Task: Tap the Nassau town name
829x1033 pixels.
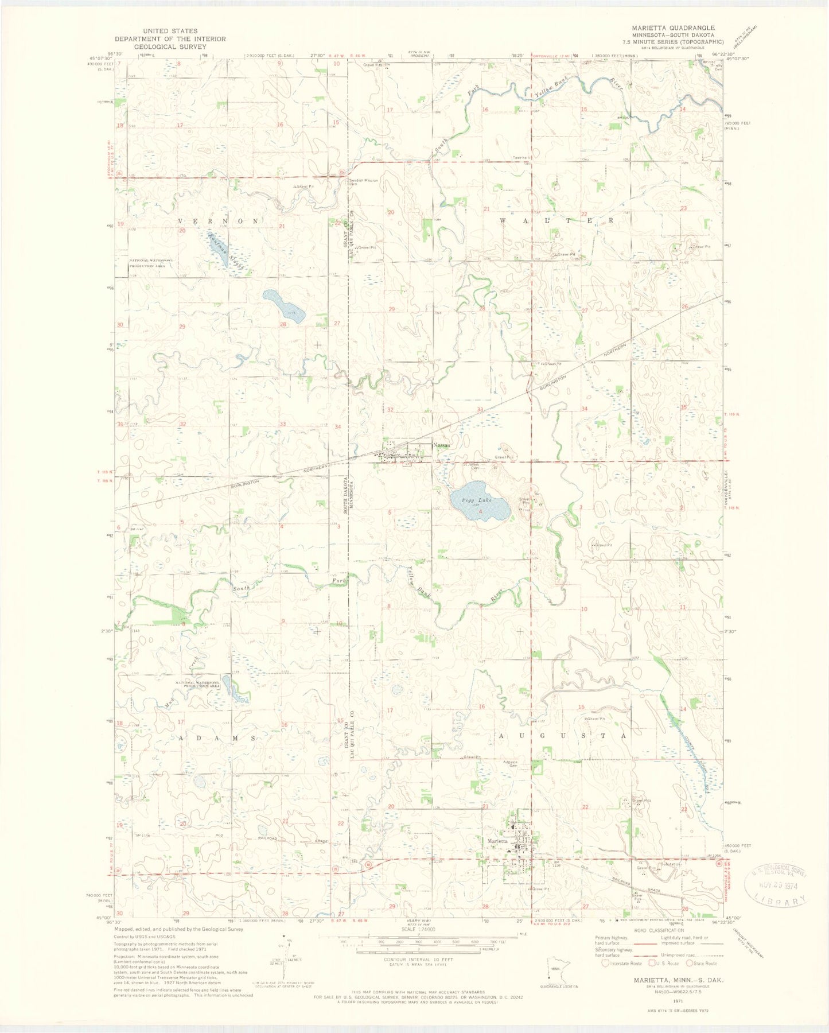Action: point(442,445)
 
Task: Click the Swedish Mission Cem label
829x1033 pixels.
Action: point(363,182)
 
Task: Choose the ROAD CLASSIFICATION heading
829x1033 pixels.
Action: point(659,930)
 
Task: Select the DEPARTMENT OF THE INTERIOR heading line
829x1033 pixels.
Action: point(170,39)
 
